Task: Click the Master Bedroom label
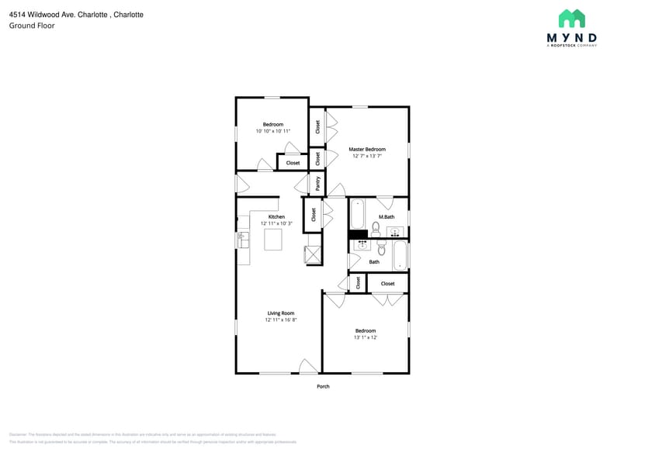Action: [x=366, y=149]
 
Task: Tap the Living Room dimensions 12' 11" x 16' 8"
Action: [x=280, y=320]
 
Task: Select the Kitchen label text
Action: [x=276, y=216]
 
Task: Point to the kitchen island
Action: [x=274, y=240]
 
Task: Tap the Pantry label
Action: [x=317, y=183]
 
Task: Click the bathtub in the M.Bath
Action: [x=357, y=214]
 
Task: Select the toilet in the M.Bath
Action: [x=376, y=229]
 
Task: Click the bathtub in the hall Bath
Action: [x=400, y=255]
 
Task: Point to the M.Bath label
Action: [x=387, y=216]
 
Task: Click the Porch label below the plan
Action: [x=323, y=386]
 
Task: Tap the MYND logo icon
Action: [x=571, y=19]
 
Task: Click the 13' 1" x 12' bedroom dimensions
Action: [x=365, y=337]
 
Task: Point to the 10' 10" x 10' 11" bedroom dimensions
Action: [x=272, y=131]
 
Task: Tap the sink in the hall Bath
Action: [x=361, y=245]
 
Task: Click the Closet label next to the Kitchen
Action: [x=314, y=214]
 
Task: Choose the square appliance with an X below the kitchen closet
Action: [x=313, y=255]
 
